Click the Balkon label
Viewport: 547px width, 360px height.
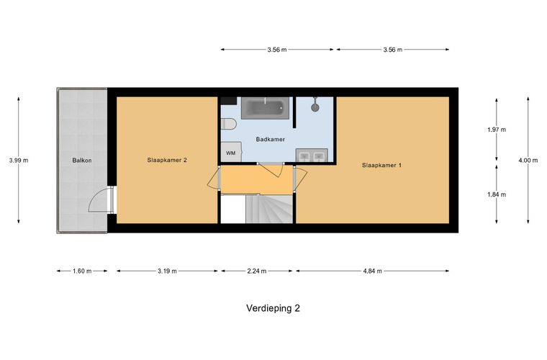[x=81, y=161]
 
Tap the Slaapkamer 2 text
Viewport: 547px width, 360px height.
[x=167, y=161]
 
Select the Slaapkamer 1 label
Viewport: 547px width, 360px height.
[x=381, y=165]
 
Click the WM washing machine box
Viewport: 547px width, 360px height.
[x=230, y=153]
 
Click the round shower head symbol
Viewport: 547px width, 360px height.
[x=315, y=107]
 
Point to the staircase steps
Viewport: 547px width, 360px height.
[x=270, y=210]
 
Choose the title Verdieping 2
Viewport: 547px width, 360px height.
[x=273, y=308]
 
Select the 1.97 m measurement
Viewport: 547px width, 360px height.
[x=497, y=130]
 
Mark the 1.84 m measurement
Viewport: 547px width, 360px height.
[x=497, y=194]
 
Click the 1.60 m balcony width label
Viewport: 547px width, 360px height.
[x=82, y=271]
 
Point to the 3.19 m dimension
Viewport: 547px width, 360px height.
[x=167, y=271]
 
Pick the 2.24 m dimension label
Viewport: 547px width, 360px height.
[x=257, y=271]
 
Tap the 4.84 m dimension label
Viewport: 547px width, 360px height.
[x=372, y=271]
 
